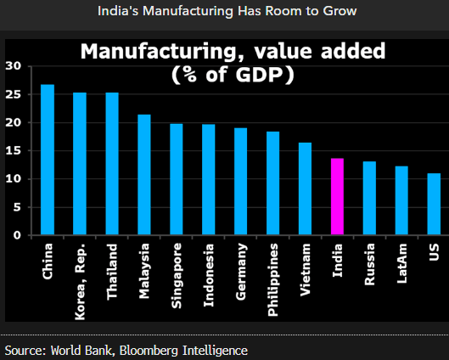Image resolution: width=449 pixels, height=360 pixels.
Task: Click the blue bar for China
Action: click(x=48, y=160)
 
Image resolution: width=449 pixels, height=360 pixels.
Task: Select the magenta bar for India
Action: click(x=337, y=197)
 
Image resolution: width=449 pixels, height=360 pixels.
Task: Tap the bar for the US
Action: click(x=434, y=204)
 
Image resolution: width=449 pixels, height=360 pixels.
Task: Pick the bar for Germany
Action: click(x=240, y=182)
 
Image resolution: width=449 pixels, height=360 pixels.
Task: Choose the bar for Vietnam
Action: click(x=305, y=188)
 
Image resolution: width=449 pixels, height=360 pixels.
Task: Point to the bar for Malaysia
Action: click(x=144, y=175)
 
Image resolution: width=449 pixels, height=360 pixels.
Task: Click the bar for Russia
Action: click(x=369, y=199)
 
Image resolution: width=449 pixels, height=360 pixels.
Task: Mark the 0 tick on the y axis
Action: click(x=16, y=235)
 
